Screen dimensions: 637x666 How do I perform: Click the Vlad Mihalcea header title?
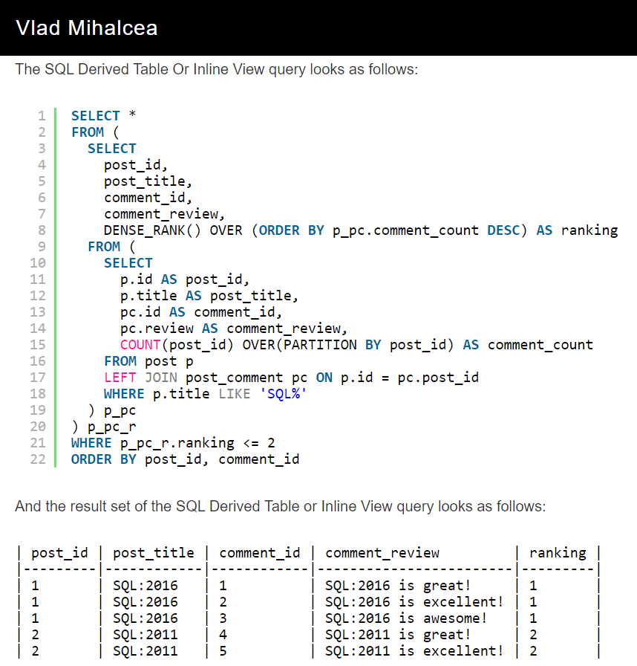coord(86,28)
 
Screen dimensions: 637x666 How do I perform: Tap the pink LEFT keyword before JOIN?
coord(120,377)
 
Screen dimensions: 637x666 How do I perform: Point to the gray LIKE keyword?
coord(235,393)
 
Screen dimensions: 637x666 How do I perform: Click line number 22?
coord(37,459)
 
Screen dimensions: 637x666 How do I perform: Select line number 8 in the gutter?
coord(42,230)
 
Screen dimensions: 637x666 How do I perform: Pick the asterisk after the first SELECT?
coord(132,115)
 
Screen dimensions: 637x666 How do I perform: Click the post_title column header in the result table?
coord(153,552)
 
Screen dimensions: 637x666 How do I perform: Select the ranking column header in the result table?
coord(558,552)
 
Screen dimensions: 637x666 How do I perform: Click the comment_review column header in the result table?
coord(382,552)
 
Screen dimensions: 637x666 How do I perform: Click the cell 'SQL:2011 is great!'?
coord(398,634)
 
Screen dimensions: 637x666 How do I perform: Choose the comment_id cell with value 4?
coord(223,634)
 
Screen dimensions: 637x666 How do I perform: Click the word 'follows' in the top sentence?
coord(391,70)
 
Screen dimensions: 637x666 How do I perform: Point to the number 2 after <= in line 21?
coord(271,442)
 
